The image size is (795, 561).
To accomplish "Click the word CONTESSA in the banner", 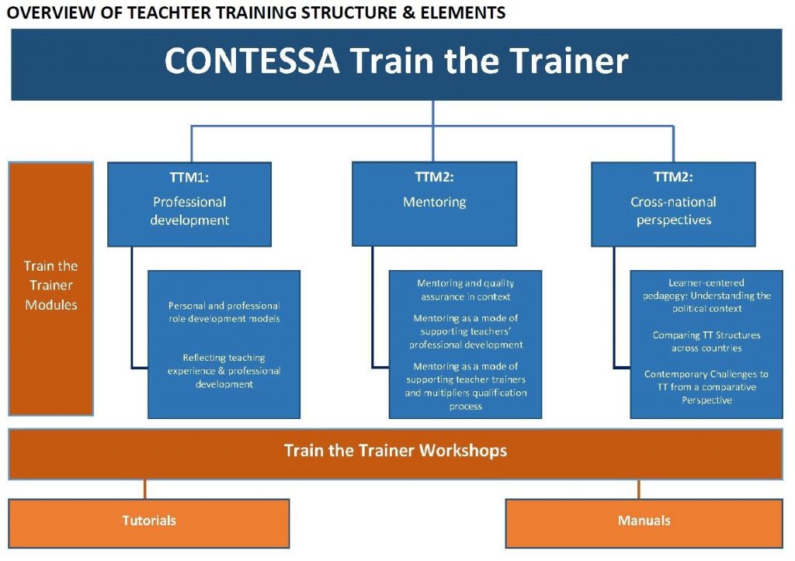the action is (x=252, y=61).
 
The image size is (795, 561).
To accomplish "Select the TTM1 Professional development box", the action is (x=189, y=204).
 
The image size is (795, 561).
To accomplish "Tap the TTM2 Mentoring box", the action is (x=435, y=204).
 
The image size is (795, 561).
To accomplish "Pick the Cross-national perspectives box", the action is (x=673, y=204).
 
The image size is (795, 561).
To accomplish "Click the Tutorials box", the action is (x=148, y=524).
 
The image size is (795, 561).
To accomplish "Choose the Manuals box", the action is (x=644, y=524).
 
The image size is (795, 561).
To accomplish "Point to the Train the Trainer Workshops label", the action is (x=395, y=451).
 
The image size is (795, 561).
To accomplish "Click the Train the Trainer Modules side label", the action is (x=50, y=286).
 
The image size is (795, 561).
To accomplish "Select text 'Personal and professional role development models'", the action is (x=224, y=312).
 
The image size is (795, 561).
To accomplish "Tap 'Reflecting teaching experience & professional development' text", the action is (x=224, y=371).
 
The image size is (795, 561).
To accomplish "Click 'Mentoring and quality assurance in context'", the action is (x=466, y=290).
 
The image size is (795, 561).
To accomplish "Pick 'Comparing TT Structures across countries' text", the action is (x=706, y=341).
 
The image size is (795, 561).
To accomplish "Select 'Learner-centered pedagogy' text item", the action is (x=706, y=296).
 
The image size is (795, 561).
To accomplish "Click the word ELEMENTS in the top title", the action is (x=463, y=12).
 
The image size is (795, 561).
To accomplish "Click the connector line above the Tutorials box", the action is (x=145, y=489).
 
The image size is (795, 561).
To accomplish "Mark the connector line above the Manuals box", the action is (x=639, y=489).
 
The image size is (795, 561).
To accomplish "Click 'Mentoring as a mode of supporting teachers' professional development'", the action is (x=466, y=331).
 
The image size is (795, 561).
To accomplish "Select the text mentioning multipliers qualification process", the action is (x=466, y=386).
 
